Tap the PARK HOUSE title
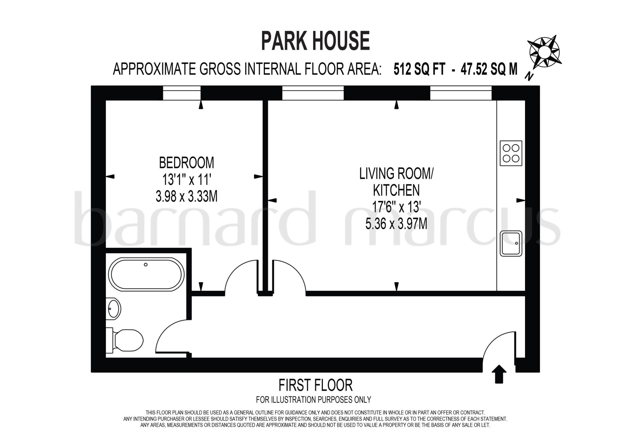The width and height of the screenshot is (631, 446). (315, 41)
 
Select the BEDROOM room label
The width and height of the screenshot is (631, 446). (186, 163)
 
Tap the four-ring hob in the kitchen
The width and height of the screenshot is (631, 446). (511, 153)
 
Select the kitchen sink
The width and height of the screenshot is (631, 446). (511, 243)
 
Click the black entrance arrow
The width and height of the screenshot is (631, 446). (499, 374)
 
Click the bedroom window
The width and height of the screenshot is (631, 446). (182, 93)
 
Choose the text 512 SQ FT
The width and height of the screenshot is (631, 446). (419, 69)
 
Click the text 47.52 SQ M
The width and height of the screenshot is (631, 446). (489, 69)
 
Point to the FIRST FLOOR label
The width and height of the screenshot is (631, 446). (315, 385)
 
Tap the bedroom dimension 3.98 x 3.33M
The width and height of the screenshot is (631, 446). (186, 196)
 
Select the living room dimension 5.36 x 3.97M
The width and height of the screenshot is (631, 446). (396, 224)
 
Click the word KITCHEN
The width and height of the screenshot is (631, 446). (396, 190)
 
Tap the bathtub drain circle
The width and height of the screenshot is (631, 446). (146, 265)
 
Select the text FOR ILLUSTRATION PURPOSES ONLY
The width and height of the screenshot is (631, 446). (313, 400)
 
